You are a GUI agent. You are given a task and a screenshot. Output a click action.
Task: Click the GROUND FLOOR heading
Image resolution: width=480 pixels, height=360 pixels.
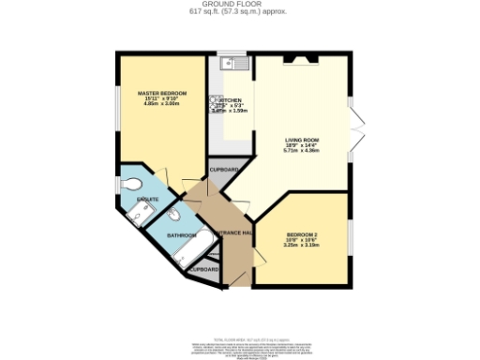click(240, 4)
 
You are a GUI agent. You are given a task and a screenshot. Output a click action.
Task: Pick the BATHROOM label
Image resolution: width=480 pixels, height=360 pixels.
click(182, 234)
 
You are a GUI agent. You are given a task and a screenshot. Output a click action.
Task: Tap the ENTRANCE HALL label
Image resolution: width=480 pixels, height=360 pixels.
click(233, 232)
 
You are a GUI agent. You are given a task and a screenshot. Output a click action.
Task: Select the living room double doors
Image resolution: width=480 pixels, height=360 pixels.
click(353, 131)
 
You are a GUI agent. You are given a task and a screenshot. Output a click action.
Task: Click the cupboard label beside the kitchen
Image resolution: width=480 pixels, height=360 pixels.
click(223, 170)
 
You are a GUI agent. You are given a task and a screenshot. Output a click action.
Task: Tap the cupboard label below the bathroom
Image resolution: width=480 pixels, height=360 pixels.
click(204, 270)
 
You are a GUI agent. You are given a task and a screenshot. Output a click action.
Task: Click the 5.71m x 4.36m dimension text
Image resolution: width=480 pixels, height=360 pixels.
click(303, 151)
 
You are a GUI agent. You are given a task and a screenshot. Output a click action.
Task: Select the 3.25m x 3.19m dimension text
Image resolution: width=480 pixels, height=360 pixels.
click(302, 246)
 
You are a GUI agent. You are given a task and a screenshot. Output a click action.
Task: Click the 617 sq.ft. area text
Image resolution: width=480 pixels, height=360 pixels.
click(240, 11)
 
